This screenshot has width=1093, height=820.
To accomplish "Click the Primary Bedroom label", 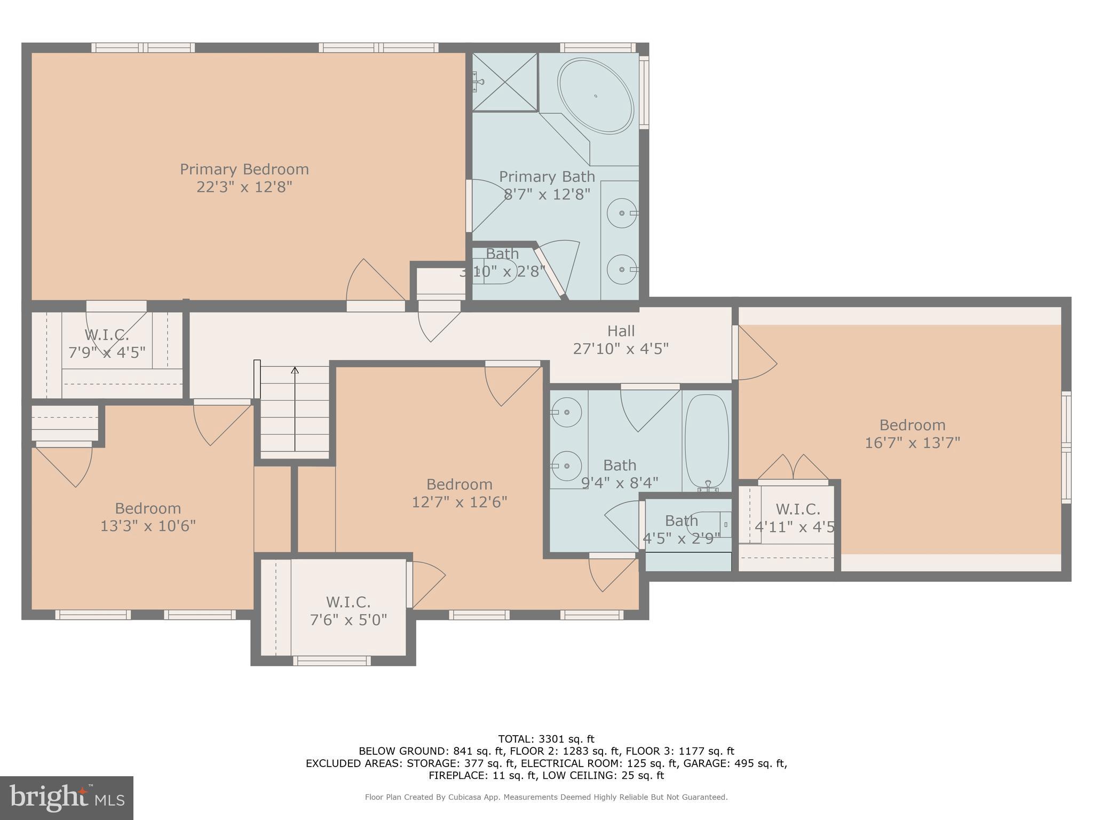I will (x=244, y=169).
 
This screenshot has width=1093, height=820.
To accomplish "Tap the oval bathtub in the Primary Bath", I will (x=595, y=96).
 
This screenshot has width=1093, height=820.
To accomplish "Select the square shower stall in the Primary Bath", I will (x=505, y=82).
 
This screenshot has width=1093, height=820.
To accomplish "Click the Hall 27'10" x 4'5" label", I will (x=621, y=340).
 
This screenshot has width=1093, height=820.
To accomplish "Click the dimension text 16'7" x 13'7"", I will (x=912, y=443).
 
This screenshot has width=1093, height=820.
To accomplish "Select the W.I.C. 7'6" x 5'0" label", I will (x=348, y=611).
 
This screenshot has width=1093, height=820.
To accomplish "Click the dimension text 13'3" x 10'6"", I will (x=148, y=526).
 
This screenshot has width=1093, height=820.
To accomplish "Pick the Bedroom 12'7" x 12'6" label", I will (x=459, y=493).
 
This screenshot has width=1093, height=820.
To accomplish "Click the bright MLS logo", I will (x=66, y=798).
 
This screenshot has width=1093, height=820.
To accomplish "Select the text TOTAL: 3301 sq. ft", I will (x=546, y=739).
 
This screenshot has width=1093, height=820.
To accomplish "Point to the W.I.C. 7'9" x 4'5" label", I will (x=107, y=344).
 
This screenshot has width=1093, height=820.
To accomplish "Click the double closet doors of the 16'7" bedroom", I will (x=793, y=468).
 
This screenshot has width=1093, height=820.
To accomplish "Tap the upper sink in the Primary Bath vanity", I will (x=622, y=213).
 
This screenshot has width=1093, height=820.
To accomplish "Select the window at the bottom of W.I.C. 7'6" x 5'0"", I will (x=332, y=661).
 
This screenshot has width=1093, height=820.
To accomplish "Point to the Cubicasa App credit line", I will (x=546, y=797).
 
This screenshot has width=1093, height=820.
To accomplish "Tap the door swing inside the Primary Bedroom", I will (x=374, y=283).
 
